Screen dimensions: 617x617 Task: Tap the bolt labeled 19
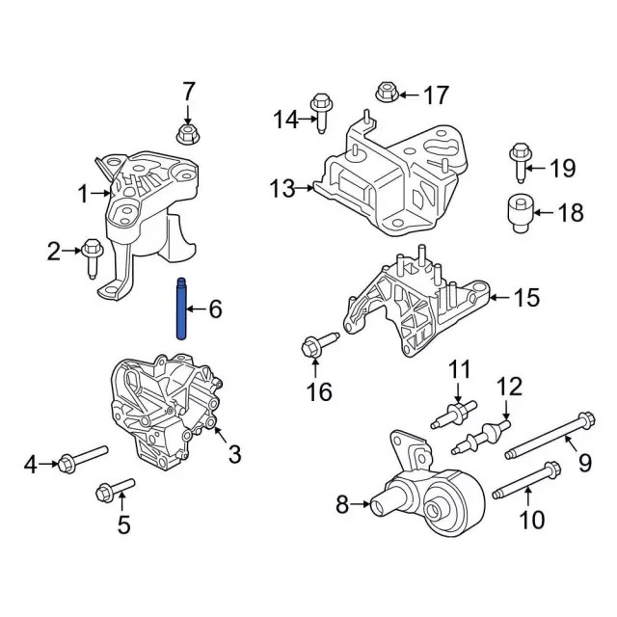point(520,162)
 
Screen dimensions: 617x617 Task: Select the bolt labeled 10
point(526,483)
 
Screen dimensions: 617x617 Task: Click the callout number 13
point(282,189)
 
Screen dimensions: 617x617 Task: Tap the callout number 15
point(525,298)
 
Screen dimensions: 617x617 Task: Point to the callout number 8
point(342,502)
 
